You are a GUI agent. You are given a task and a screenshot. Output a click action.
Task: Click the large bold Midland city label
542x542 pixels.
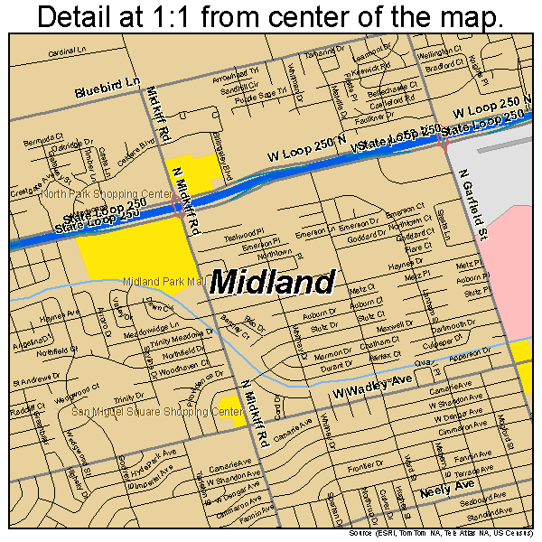(x=272, y=283)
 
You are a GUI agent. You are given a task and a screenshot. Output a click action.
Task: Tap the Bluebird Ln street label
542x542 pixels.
(x=107, y=88)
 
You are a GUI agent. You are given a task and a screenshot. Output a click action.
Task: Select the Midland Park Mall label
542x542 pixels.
(x=163, y=282)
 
